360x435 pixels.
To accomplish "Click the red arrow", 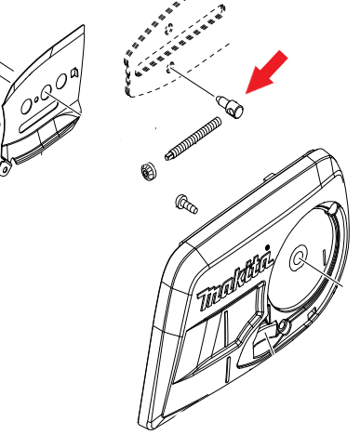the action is point(267,72).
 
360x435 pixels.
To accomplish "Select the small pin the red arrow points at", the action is point(230,106).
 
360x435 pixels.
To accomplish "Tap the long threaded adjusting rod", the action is point(193,138).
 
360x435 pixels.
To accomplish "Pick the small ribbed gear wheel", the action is point(149,172).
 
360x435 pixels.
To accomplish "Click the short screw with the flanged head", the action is point(187,204).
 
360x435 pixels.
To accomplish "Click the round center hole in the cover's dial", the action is point(298,257).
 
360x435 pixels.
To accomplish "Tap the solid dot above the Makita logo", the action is point(268,247).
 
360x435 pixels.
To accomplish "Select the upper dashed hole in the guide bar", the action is point(169,29).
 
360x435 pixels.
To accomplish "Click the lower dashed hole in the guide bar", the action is point(170,68).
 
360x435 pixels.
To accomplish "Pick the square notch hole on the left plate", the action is point(74,72).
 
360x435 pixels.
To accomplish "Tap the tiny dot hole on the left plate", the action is point(36,99).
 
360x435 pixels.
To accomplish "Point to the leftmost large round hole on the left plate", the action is point(26,107).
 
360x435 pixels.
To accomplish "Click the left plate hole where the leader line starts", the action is point(47,93).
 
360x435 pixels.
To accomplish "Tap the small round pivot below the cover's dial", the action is point(283,326).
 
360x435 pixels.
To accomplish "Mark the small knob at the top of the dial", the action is point(331,208).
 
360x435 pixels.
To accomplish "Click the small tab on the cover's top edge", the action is point(269,177).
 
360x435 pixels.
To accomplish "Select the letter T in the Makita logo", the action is point(207,299).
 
